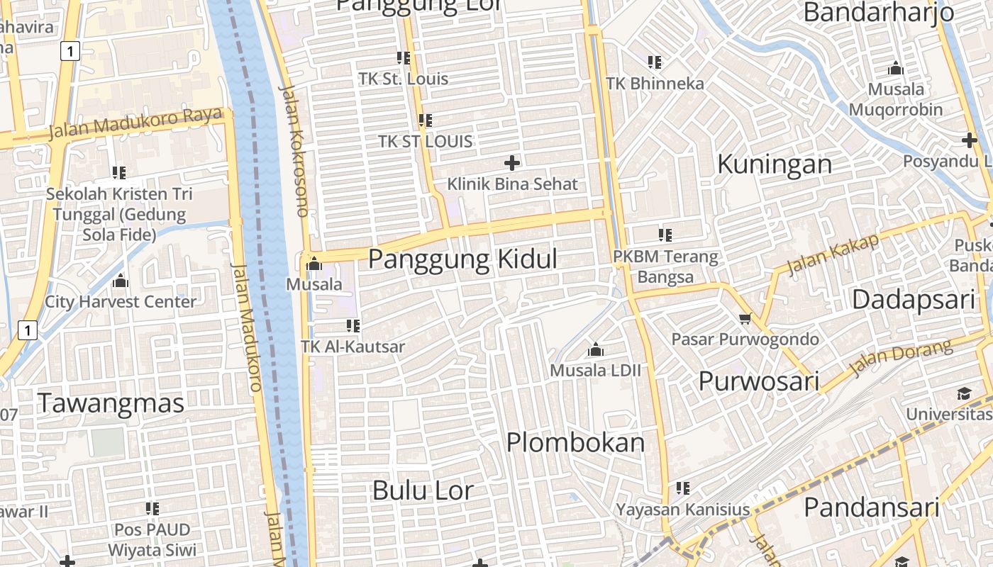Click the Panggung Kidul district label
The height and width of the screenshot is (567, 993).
point(462,259)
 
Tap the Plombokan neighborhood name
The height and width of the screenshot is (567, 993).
point(575,443)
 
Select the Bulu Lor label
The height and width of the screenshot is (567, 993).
point(422,490)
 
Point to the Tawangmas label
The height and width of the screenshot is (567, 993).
point(111,403)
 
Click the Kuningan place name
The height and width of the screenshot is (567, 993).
point(774,164)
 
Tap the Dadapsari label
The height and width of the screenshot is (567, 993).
point(914,299)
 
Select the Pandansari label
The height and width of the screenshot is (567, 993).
point(871,507)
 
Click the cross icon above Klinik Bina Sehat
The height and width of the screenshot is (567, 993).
point(511,163)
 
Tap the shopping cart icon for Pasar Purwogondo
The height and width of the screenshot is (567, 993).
point(745,318)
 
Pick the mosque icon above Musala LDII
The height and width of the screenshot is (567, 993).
point(596,349)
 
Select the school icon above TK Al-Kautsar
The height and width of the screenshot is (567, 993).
point(353,326)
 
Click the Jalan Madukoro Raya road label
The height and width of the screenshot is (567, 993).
point(135,123)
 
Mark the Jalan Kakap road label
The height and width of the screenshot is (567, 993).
point(833,254)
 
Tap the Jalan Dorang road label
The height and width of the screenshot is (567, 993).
point(901,358)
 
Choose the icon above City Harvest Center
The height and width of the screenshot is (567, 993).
point(121,281)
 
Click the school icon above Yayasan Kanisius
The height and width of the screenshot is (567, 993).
point(683,488)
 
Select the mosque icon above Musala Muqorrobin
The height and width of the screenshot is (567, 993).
point(896,69)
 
